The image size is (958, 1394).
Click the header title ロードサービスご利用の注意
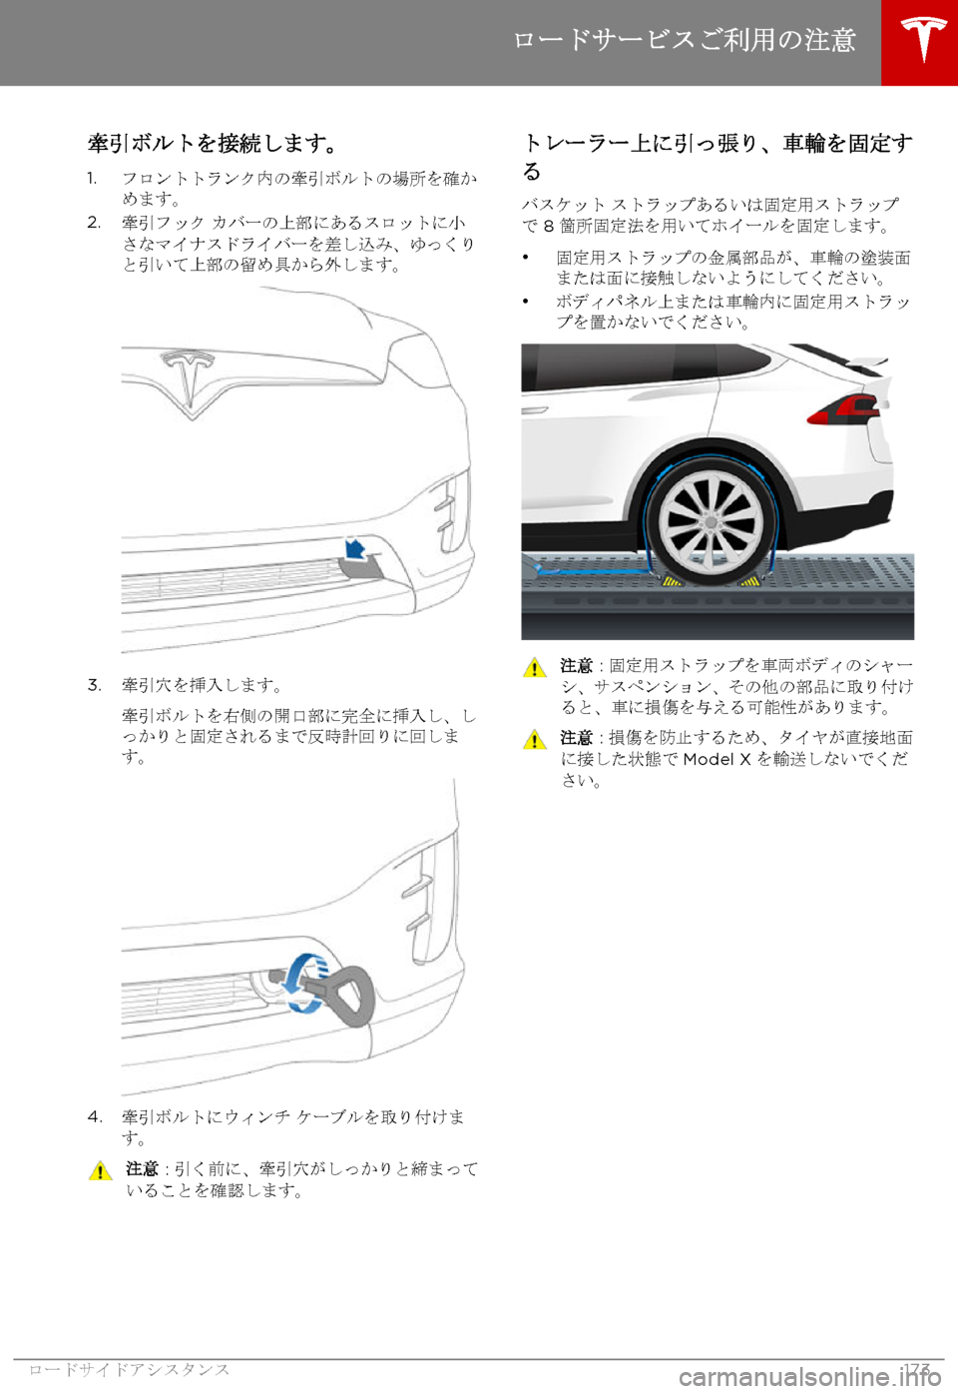click(684, 40)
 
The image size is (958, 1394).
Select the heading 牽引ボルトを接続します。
click(213, 143)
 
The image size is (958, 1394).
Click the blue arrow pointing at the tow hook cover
click(356, 547)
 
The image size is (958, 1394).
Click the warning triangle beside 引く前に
click(100, 1171)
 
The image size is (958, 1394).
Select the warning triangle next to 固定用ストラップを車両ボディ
click(534, 667)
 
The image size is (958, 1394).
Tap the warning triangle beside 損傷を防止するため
click(534, 739)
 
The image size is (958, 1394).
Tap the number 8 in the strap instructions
click(549, 226)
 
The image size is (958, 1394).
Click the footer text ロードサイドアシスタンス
click(130, 1369)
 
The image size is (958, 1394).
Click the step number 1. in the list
click(92, 178)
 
